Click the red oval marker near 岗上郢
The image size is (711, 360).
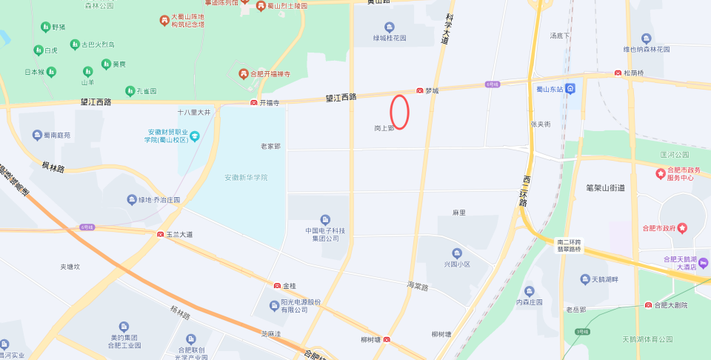pos(400,112)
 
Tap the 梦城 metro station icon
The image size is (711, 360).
pos(420,90)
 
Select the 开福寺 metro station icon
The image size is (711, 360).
pos(254,102)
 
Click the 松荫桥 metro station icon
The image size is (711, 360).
pos(618,73)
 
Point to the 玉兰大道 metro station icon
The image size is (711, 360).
pos(160,234)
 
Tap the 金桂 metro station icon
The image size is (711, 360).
pos(278,285)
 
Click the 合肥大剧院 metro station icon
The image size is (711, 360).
pos(648,305)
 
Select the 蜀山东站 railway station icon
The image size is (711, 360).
pos(571,89)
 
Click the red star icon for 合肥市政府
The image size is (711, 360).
pos(683,227)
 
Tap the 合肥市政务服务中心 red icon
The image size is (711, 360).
pos(660,173)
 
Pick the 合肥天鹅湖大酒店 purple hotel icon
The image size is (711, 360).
pos(703,263)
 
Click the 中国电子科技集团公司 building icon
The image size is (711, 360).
pos(325,220)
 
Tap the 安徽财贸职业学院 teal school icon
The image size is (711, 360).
pos(195,136)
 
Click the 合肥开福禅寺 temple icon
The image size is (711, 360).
pos(243,74)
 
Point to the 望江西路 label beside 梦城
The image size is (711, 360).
pos(341,97)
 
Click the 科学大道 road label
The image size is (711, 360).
pos(444,29)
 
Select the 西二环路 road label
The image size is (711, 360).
pos(524,191)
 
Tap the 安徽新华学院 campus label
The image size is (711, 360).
pos(246,178)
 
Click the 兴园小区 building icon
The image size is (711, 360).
pos(457,253)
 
